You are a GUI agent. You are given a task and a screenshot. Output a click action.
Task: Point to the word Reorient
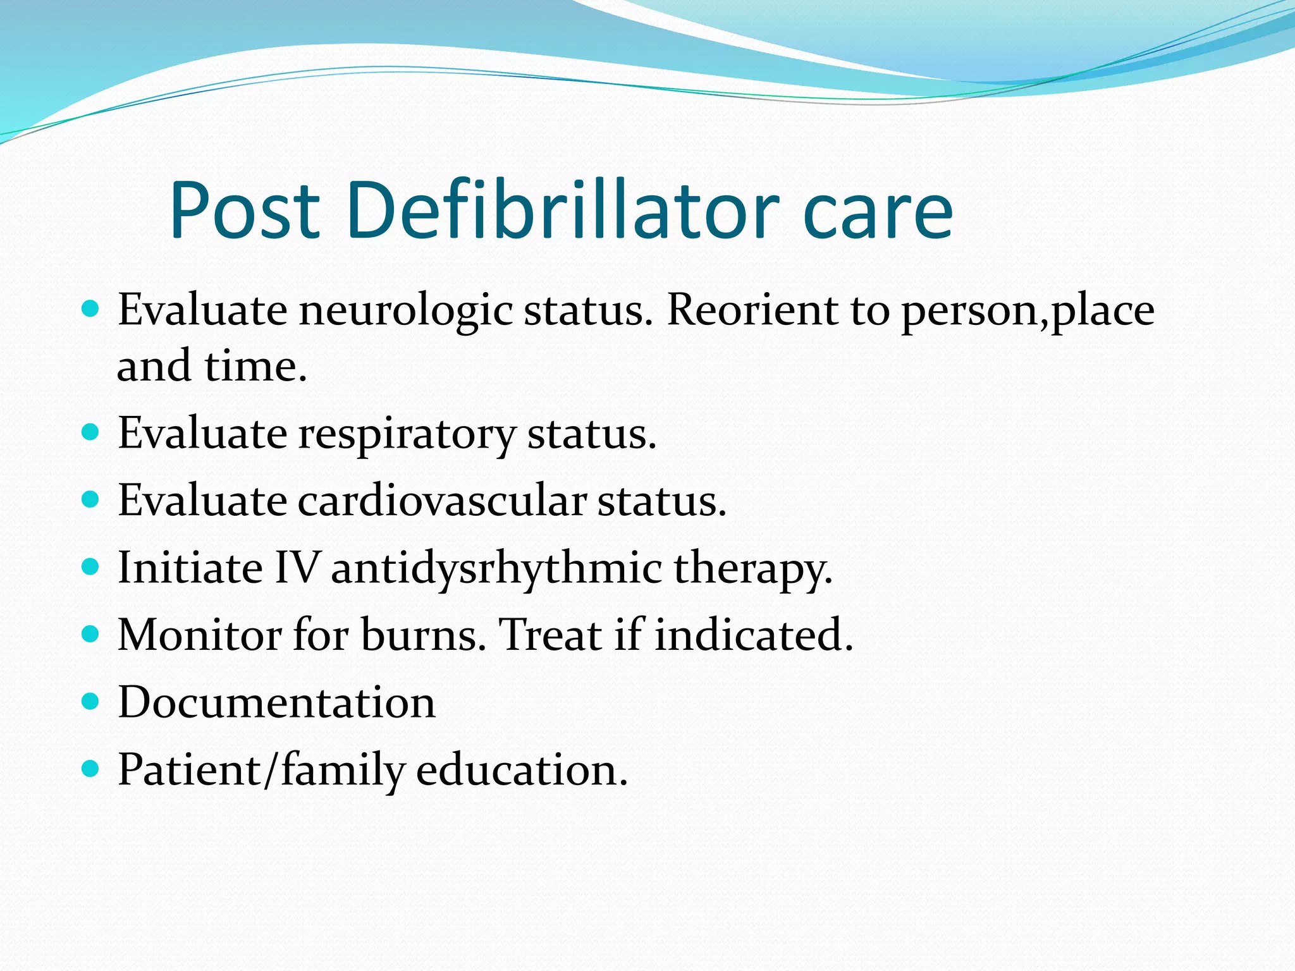point(751,310)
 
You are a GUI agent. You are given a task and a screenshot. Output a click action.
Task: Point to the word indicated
point(754,635)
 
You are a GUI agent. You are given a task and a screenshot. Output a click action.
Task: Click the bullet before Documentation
point(91,701)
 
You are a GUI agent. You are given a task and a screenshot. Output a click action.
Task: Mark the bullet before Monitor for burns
point(91,633)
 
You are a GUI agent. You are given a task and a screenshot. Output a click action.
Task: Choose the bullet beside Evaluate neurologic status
point(91,309)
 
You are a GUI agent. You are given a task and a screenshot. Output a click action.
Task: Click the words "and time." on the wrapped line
point(212,366)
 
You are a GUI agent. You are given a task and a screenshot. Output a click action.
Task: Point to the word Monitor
point(200,635)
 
